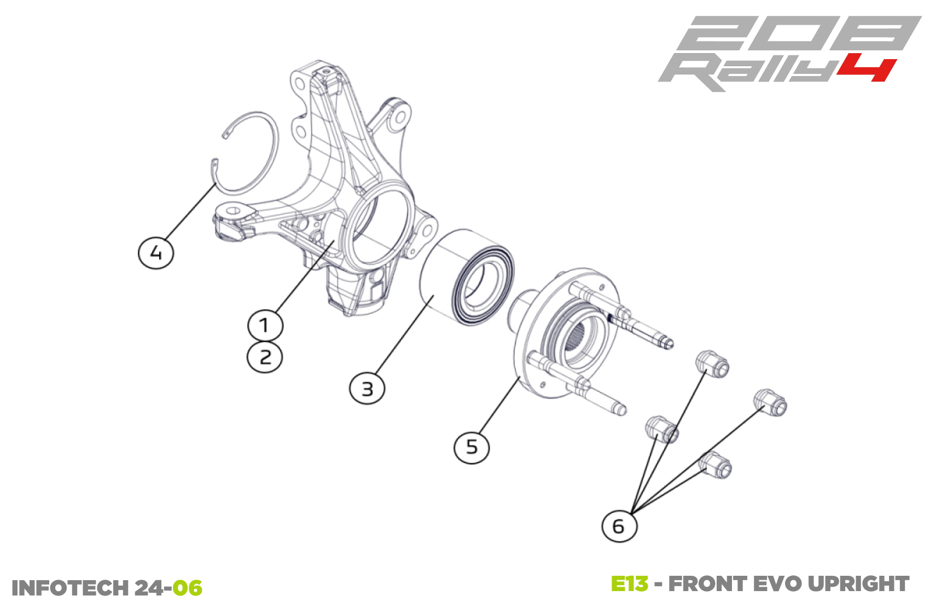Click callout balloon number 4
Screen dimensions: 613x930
pos(156,252)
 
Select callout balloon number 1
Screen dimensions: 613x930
pos(265,325)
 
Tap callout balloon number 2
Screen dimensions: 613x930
pos(265,357)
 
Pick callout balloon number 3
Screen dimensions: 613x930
pos(367,389)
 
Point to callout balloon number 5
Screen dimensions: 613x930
pos(472,447)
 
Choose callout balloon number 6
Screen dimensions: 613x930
pos(619,526)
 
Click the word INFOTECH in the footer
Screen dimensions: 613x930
pos(70,588)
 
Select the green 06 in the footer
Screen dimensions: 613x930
pos(187,588)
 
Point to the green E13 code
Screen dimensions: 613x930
pos(629,584)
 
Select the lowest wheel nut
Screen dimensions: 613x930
pos(717,465)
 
